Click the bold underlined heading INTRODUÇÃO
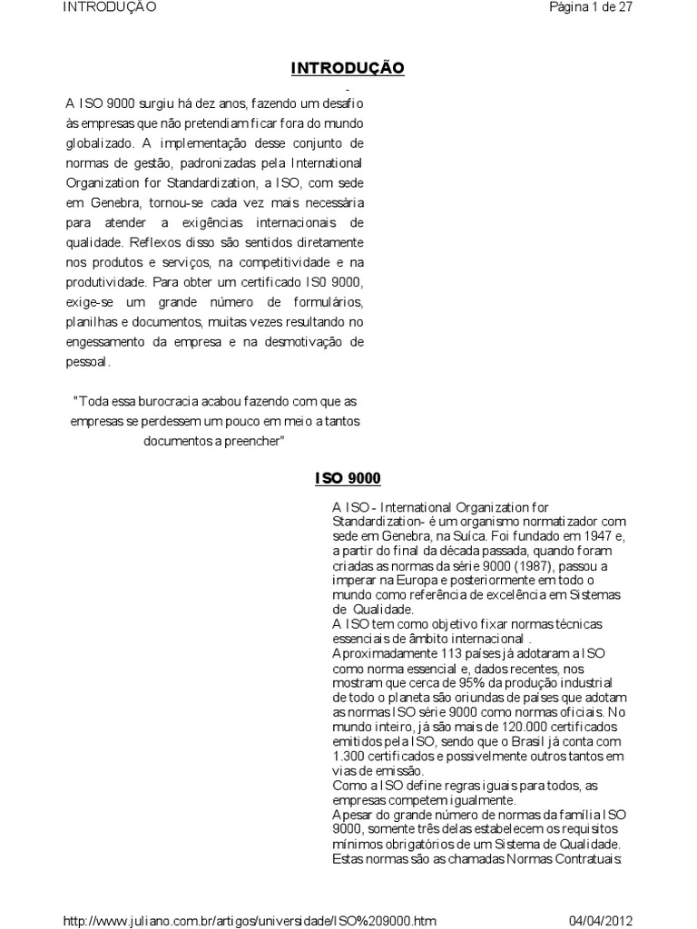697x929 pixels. coord(347,68)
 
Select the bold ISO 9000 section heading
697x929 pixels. coord(348,477)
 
